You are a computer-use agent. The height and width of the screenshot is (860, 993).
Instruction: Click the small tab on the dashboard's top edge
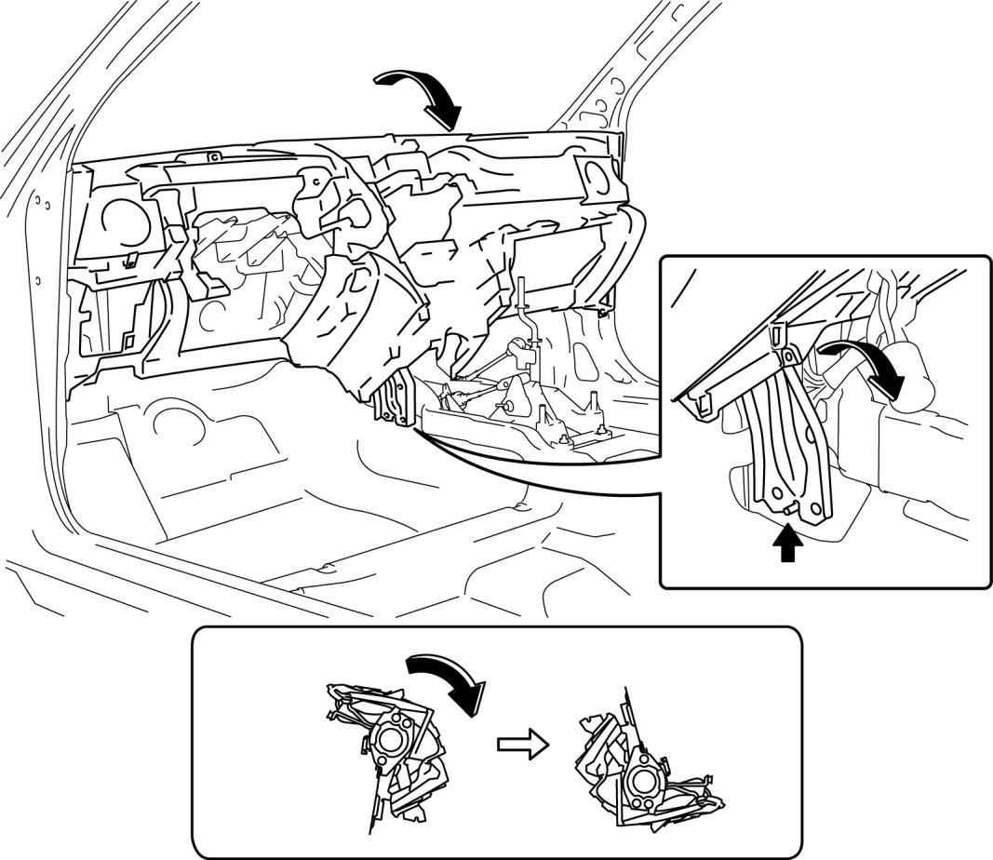tap(212, 155)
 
